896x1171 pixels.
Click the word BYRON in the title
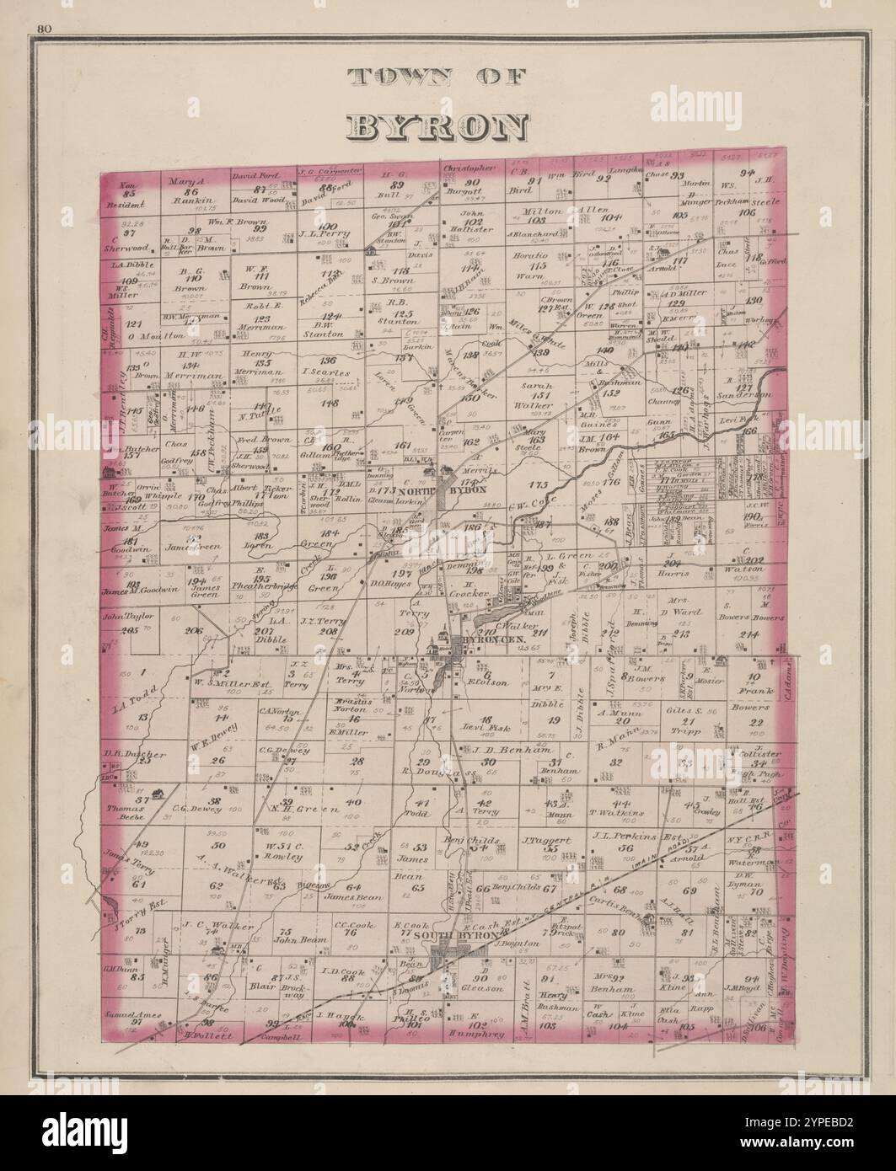tap(437, 126)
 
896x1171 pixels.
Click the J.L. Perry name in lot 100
tap(326, 237)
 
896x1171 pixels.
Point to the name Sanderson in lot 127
tap(744, 394)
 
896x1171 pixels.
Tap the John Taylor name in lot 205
tap(121, 618)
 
